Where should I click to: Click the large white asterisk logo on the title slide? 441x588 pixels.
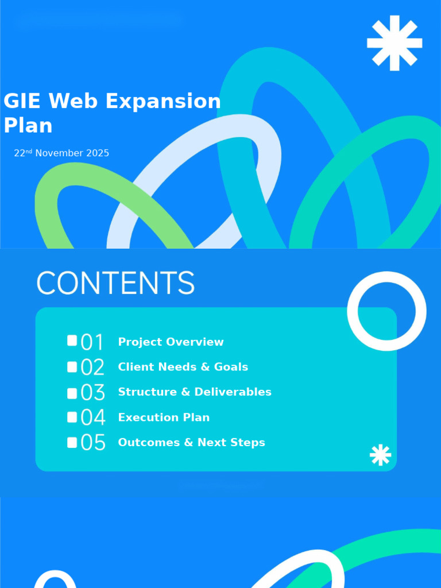tap(394, 43)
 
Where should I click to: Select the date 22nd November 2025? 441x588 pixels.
tap(61, 153)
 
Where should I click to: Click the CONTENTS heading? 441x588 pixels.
tap(115, 283)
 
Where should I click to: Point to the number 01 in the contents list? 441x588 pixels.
tap(92, 342)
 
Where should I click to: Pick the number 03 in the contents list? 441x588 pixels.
tap(93, 393)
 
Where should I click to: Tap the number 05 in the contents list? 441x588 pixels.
tap(93, 443)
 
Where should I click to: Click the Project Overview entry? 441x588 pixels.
tap(171, 342)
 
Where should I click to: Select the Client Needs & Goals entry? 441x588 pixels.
tap(183, 367)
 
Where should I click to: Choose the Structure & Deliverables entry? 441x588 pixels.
tap(195, 392)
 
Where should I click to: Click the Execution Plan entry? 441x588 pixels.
tap(164, 417)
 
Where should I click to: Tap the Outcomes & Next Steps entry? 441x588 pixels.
tap(191, 442)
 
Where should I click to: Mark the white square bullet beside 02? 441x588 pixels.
tap(72, 366)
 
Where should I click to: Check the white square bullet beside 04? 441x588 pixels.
tap(72, 417)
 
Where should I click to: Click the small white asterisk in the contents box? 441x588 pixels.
tap(380, 455)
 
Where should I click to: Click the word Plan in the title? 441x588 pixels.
tap(28, 125)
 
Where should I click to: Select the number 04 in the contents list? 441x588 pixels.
tap(93, 417)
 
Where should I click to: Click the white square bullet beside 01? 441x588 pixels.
tap(72, 341)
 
